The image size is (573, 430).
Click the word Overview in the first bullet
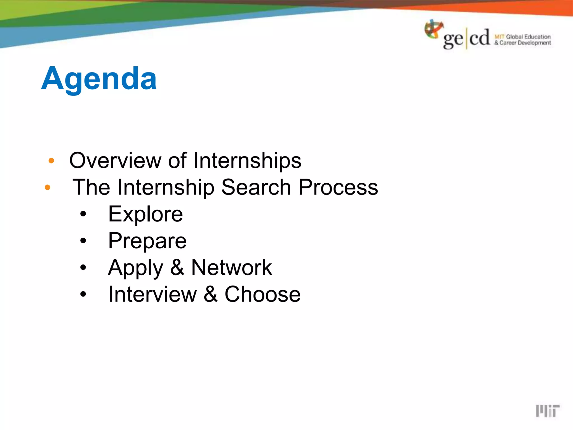point(114,160)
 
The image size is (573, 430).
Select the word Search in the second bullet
point(256,187)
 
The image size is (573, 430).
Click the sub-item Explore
point(145,214)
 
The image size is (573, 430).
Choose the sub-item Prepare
point(147,241)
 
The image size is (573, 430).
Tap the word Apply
point(135,268)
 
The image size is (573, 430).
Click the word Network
point(231,268)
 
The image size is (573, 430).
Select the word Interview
point(152,294)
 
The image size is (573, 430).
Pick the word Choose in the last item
point(262,294)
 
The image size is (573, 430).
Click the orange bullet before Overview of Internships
point(51,161)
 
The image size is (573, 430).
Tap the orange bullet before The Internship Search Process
point(48,187)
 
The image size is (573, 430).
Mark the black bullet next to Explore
point(83,214)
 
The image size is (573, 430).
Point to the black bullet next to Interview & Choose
point(83,294)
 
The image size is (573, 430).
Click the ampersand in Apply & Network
point(177,268)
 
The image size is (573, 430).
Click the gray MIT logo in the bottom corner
point(547,411)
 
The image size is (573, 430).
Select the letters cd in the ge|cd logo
point(480,38)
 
